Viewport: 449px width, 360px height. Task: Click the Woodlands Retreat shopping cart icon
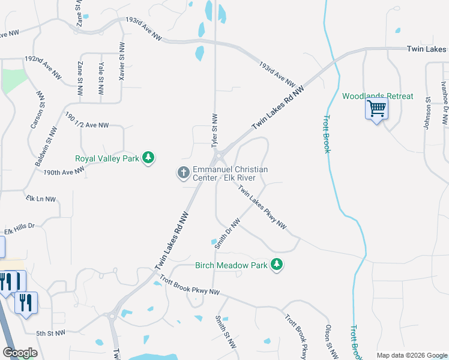tap(376, 109)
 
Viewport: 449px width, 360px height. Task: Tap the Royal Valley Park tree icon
tap(148, 158)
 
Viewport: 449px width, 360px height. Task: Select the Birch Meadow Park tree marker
tap(276, 264)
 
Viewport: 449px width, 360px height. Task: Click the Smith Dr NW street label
tap(228, 233)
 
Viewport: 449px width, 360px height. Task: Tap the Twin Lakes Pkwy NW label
tap(262, 208)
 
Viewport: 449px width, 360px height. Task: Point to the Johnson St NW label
tap(428, 113)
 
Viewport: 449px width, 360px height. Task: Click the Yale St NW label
tap(100, 78)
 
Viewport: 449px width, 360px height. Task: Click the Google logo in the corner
tap(20, 353)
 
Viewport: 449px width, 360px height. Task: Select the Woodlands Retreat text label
tap(378, 96)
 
